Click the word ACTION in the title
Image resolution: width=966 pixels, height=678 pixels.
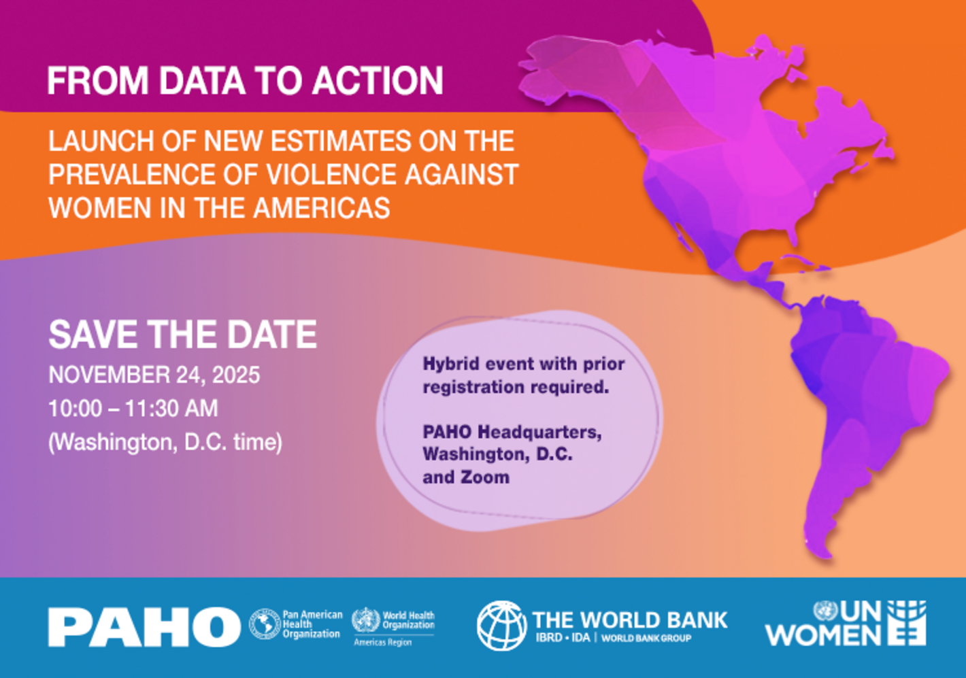(x=378, y=81)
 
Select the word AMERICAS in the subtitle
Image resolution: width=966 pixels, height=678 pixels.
(x=322, y=208)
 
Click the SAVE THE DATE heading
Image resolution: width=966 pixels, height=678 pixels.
(x=183, y=335)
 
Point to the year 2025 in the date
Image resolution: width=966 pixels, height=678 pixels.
(x=236, y=375)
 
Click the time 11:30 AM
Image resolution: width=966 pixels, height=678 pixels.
(x=171, y=408)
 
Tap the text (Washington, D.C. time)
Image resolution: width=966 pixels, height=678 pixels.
(x=165, y=443)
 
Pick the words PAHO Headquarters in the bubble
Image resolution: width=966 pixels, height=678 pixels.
(x=512, y=432)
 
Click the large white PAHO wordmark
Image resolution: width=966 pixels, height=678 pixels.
(x=144, y=627)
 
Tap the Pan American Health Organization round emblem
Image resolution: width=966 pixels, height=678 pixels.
(x=265, y=624)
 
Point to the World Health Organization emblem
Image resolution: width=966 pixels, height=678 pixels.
(x=366, y=620)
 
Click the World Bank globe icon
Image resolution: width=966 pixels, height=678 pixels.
(x=502, y=626)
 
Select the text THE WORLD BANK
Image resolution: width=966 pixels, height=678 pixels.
(x=630, y=620)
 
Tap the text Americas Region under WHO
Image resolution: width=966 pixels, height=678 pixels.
(x=383, y=642)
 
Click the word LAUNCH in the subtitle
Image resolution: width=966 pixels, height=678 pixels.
(x=101, y=141)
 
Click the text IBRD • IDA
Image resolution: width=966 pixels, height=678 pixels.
(x=563, y=637)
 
